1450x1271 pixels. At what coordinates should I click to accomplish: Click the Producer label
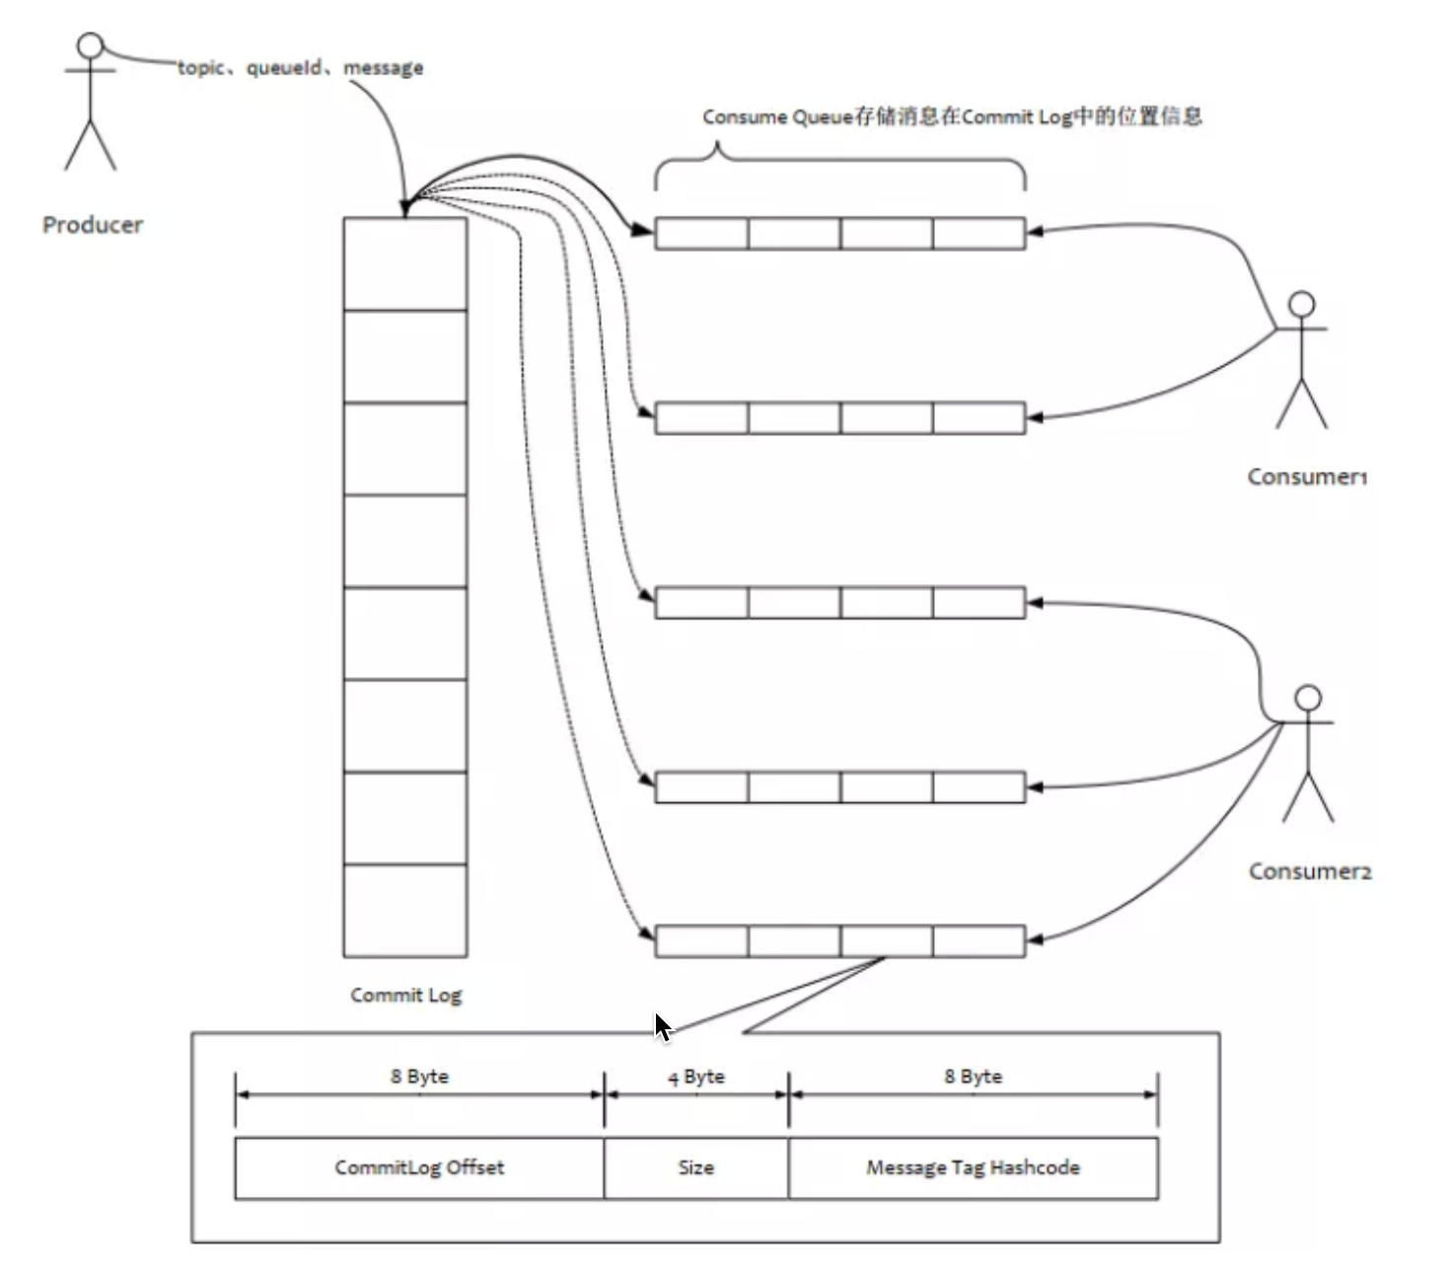click(x=93, y=225)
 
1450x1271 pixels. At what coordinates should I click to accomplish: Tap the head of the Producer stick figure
click(x=90, y=45)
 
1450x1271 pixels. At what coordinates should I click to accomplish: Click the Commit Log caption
click(x=405, y=995)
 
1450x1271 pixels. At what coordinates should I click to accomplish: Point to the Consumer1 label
click(x=1307, y=477)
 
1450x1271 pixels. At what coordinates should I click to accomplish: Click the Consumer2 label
click(x=1310, y=870)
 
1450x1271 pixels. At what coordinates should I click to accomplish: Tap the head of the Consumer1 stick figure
click(x=1302, y=304)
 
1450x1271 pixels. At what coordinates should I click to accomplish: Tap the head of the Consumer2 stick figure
click(x=1308, y=698)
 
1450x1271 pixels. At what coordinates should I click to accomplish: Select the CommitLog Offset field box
click(x=419, y=1168)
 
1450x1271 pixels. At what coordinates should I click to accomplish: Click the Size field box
click(x=696, y=1168)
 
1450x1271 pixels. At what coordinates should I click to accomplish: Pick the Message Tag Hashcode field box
click(x=974, y=1168)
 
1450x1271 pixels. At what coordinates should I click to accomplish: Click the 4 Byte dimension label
click(x=696, y=1077)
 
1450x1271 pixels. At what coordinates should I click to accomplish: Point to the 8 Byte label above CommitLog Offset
click(x=419, y=1077)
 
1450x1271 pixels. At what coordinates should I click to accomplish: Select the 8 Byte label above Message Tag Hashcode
click(x=974, y=1077)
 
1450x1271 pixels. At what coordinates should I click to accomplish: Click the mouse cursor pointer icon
click(x=664, y=1027)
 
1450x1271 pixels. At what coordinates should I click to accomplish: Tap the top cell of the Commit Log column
click(x=405, y=264)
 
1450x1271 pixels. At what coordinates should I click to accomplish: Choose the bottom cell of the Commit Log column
click(x=405, y=911)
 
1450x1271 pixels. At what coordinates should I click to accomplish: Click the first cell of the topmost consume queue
click(x=702, y=234)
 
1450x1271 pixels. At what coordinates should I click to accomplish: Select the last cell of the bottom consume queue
click(x=979, y=940)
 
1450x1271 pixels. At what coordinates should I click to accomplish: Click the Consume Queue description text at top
click(x=952, y=116)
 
